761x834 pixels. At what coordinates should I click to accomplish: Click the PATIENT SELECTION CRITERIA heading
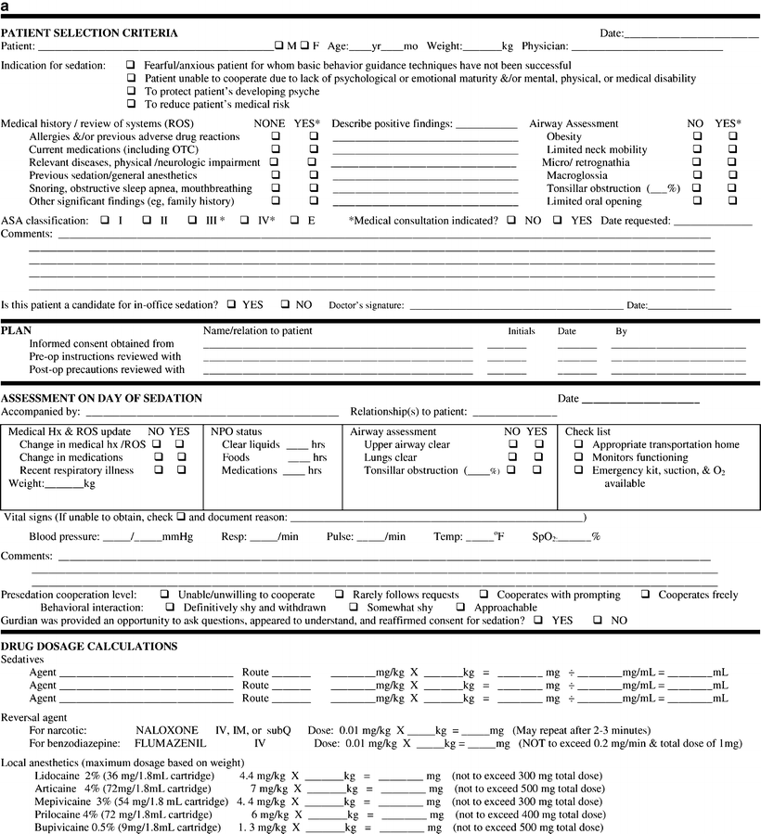pos(90,32)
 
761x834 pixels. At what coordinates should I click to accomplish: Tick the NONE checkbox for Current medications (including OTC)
pos(275,149)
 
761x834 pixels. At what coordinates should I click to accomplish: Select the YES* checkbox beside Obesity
pos(733,136)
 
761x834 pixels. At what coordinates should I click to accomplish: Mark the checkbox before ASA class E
pos(294,221)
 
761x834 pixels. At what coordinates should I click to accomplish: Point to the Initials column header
pos(522,331)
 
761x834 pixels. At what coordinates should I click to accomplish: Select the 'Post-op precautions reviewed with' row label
pos(106,369)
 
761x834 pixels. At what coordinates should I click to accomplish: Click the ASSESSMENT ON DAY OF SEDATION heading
pos(101,398)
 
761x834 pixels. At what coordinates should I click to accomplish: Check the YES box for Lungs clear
pos(538,457)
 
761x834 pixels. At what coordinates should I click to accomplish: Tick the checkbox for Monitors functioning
pos(578,457)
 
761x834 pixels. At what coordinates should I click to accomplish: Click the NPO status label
pos(237,431)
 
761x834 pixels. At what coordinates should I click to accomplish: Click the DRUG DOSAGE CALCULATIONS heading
pos(89,646)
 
